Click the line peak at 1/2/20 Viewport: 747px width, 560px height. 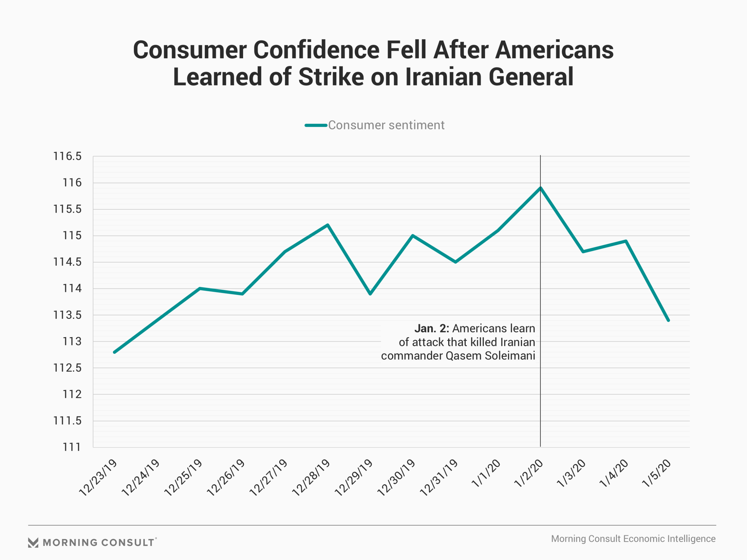pyautogui.click(x=540, y=188)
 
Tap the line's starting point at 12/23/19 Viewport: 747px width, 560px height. pyautogui.click(x=114, y=352)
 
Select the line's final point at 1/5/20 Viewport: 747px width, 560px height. pyautogui.click(x=668, y=320)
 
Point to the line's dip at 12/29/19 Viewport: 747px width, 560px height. pyautogui.click(x=370, y=294)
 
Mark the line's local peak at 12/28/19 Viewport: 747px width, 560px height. pyautogui.click(x=328, y=225)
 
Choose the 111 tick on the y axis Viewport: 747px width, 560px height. pyautogui.click(x=72, y=447)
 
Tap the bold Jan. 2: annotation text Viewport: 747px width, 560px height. pyautogui.click(x=431, y=329)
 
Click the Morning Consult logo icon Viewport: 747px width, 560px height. pyautogui.click(x=33, y=542)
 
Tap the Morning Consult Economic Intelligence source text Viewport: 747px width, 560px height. pyautogui.click(x=633, y=539)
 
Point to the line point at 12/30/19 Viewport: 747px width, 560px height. pyautogui.click(x=412, y=236)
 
